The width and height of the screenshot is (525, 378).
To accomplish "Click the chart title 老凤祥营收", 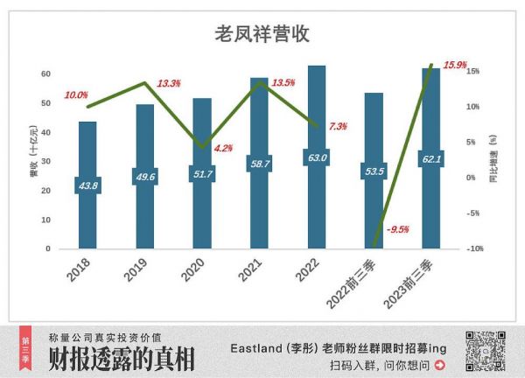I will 262,34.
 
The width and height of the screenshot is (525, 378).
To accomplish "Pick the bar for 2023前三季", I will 430,158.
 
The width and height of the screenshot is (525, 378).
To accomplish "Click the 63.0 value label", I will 317,157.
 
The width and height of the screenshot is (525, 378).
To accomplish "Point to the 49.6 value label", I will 144,178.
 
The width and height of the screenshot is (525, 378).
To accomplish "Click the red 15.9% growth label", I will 456,65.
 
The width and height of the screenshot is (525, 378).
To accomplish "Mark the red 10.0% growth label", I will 76,94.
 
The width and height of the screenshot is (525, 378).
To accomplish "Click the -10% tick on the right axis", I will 473,249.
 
